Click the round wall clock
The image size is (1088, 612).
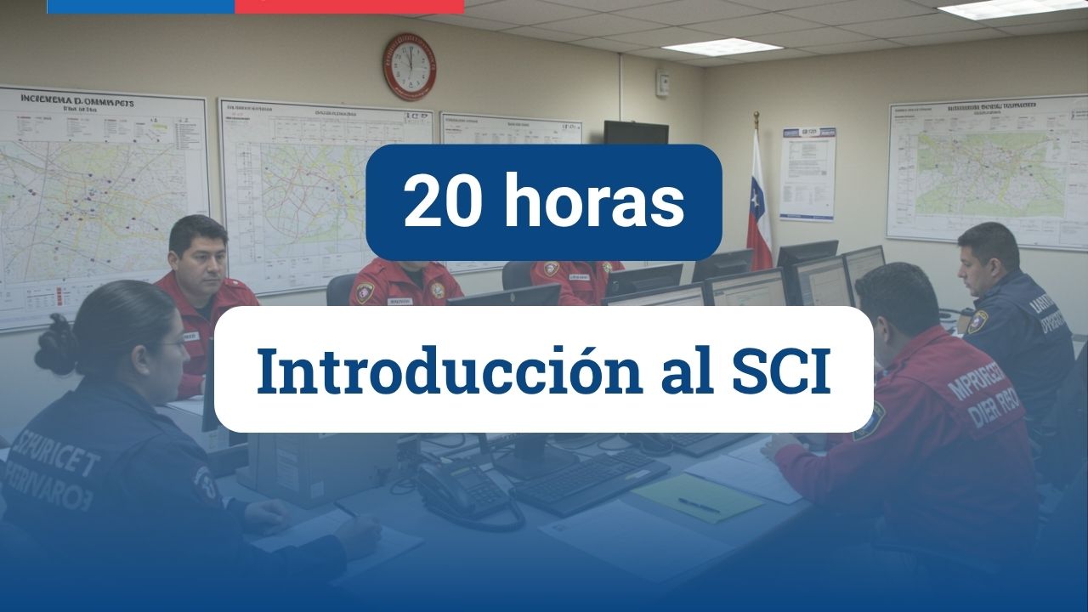(409, 66)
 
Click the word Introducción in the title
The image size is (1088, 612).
(450, 371)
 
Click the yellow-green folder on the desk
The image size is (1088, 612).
(698, 497)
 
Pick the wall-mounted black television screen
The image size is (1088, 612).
(636, 133)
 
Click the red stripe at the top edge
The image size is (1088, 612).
(349, 6)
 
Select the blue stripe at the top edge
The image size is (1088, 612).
(140, 6)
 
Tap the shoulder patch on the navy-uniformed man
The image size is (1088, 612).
(978, 321)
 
